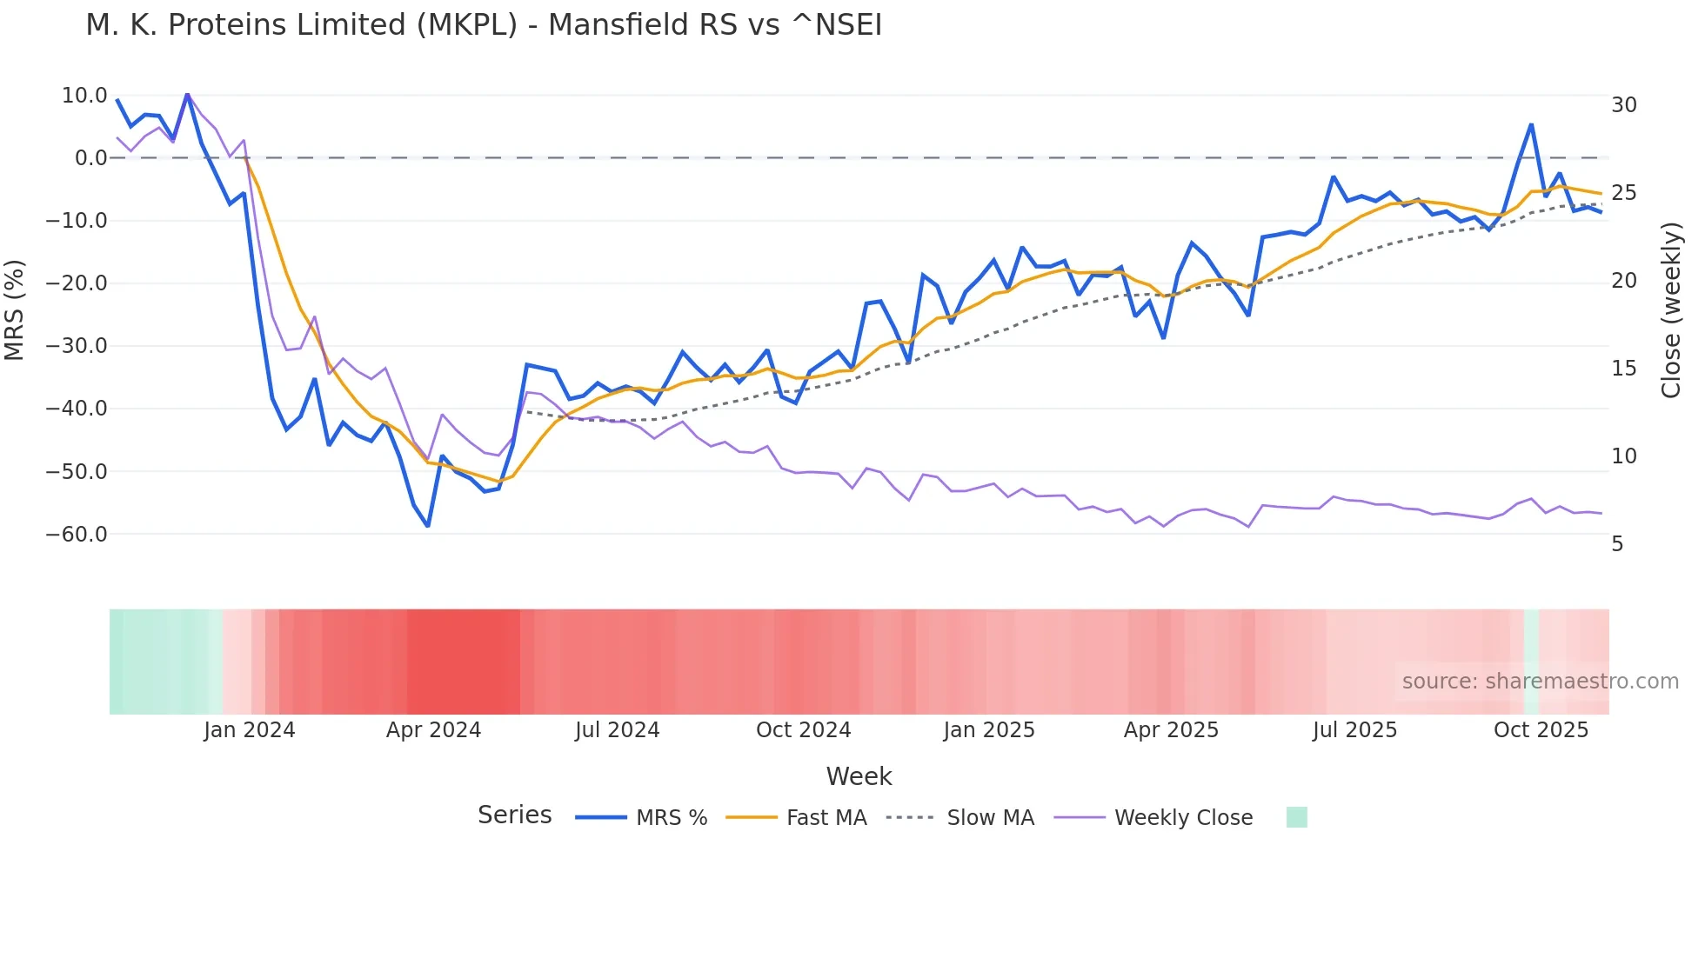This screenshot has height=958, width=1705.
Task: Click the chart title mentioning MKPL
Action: coord(484,25)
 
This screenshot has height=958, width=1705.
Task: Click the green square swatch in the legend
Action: coord(1296,817)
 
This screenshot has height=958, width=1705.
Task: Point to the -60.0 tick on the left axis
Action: coord(77,535)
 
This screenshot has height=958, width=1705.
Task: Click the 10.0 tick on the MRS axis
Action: coord(84,96)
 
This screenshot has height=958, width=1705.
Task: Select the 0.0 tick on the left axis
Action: coord(90,158)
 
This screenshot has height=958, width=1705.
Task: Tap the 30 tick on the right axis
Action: coord(1623,105)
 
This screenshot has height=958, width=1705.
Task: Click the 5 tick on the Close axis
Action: coord(1617,544)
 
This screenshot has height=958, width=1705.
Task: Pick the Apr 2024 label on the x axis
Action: coord(433,730)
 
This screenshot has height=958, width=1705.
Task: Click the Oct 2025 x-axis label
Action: coord(1541,730)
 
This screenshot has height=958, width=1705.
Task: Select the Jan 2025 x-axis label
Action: coord(989,730)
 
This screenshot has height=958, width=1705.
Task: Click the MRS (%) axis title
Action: coord(14,309)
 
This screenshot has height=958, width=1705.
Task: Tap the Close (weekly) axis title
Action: coord(1670,309)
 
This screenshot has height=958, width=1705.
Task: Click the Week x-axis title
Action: coord(859,776)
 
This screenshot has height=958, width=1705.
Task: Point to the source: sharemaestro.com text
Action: coord(1540,682)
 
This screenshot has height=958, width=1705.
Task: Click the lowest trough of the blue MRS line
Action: coord(428,526)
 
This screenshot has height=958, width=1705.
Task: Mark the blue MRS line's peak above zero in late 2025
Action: coord(1531,125)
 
